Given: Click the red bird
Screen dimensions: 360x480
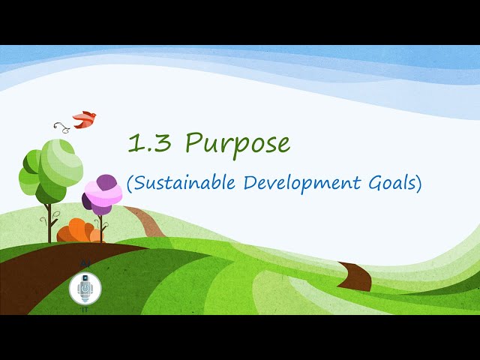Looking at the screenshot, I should click(85, 118).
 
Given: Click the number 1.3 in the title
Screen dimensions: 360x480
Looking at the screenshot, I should click(148, 142).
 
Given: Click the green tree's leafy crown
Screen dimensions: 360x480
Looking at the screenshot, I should click(50, 168).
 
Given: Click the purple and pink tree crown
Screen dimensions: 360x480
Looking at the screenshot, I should click(103, 194).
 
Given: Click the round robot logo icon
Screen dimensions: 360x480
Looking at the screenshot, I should click(85, 288).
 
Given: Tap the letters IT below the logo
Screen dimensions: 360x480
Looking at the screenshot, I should click(85, 309).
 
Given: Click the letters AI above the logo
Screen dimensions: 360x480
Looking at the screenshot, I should click(85, 265).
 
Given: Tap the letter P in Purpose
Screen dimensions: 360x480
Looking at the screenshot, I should click(193, 142).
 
